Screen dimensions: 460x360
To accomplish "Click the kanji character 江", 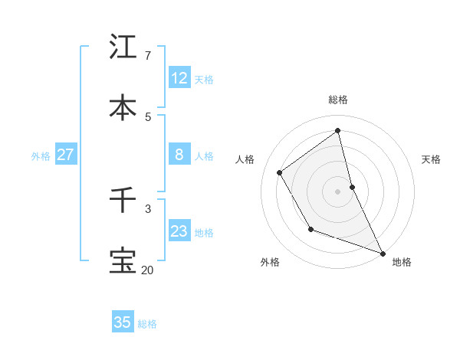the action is pos(123,47).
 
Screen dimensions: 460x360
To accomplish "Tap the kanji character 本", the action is pos(123,107).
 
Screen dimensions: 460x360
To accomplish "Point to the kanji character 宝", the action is pos(123,260).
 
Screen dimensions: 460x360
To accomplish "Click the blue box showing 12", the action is pos(179,77).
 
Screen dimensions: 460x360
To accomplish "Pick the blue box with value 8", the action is pos(179,155).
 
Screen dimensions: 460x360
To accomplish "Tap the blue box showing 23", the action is pos(179,231).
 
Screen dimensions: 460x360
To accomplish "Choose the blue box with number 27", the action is pos(65,155).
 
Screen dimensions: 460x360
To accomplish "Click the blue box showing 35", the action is pos(123,322).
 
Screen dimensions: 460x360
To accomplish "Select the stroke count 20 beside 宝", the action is pos(147,270).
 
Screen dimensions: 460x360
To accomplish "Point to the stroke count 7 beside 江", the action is pos(147,55).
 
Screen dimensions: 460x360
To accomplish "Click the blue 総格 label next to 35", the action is pos(147,324).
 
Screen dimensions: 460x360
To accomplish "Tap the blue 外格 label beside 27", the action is pos(41,156).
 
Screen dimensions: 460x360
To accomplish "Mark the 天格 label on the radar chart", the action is pos(431,159).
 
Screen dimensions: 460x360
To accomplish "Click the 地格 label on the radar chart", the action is pos(402,262).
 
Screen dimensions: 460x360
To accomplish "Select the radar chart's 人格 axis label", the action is pos(245,159).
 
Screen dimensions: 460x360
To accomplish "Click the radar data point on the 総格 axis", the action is pos(338,130).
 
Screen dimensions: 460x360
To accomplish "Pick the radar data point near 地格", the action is pos(383,254).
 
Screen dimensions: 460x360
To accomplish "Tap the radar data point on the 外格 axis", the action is pos(310,229).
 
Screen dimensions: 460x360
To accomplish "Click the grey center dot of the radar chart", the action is pos(338,191).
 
